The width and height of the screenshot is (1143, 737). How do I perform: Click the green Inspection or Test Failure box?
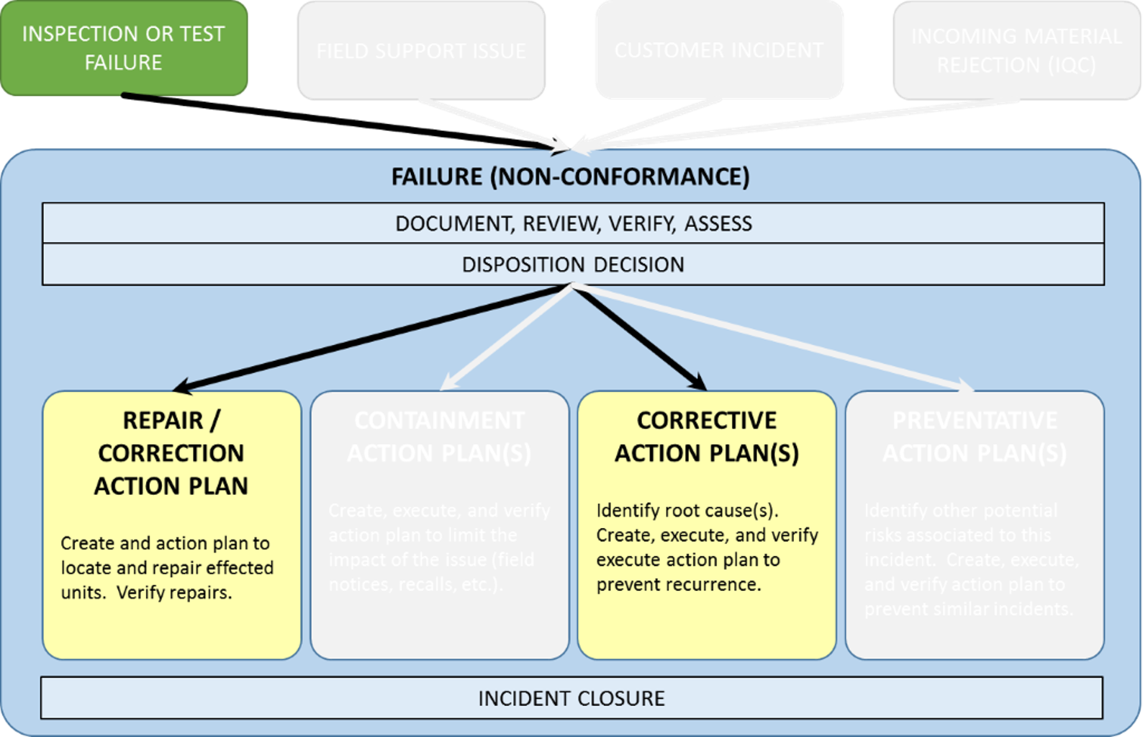coord(124,48)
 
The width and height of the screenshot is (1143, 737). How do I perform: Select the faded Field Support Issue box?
coord(421,50)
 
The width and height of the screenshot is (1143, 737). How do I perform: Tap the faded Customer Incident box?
coord(718,50)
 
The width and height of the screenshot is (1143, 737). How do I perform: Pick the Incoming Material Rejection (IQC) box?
coord(1016,50)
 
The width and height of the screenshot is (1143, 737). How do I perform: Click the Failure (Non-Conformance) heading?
coord(570,177)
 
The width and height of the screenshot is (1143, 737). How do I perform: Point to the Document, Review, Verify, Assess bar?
coord(573,223)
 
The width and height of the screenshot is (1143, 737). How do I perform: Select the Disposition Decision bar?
coord(573,264)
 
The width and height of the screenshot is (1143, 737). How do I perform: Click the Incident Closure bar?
coord(571,698)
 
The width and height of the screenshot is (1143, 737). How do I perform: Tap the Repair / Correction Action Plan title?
coord(171,452)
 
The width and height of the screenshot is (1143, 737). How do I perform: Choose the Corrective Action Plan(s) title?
coord(706,436)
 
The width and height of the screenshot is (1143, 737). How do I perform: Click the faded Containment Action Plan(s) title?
coord(439,436)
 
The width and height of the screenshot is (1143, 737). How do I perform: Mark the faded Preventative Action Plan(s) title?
coord(975,436)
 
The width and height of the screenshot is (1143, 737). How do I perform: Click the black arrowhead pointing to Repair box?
coord(181,387)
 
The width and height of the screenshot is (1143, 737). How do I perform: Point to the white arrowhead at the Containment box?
coord(446,383)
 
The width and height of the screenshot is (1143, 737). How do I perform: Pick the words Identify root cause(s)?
coord(687,511)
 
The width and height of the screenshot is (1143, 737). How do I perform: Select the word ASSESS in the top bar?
coord(718,224)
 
